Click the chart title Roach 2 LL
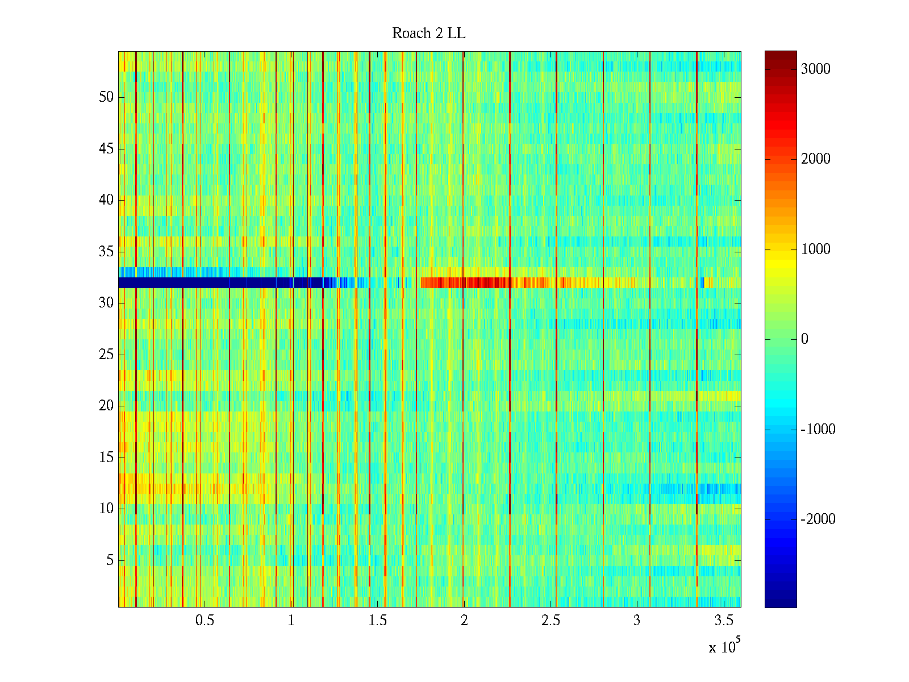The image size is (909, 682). point(429,34)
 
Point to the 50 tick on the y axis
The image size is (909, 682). point(106,97)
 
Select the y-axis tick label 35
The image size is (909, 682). point(106,251)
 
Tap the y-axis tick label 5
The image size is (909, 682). point(110,560)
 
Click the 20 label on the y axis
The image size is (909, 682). point(106,406)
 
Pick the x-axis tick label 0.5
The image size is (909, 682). point(205,621)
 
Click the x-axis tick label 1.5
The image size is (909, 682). point(377,621)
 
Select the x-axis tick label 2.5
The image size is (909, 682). point(550,621)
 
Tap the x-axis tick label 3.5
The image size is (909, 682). point(723,621)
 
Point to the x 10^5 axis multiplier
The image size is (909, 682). point(724,646)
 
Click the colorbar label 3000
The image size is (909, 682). point(815,69)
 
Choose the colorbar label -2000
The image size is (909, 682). point(818,519)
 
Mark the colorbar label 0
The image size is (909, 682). point(804,339)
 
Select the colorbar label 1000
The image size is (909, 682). point(815,249)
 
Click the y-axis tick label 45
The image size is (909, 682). point(106,149)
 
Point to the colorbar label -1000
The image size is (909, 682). point(818,429)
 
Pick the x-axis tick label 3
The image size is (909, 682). point(637,621)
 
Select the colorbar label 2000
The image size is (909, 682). point(815,159)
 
